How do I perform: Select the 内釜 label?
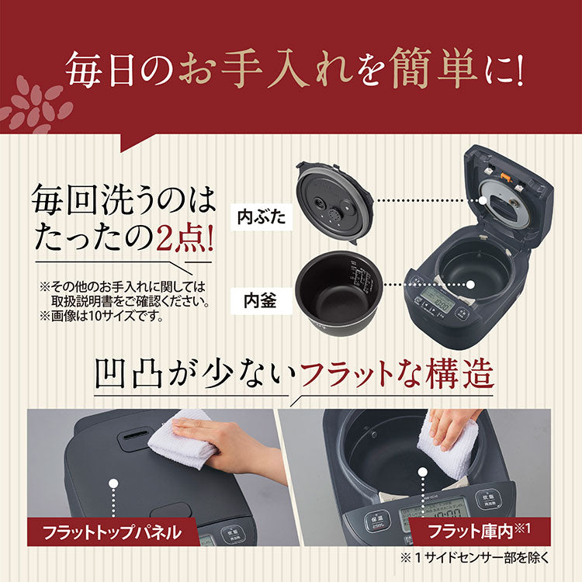tap(257, 297)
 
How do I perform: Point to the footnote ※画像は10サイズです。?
tap(113, 316)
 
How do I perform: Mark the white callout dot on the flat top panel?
tap(115, 483)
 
